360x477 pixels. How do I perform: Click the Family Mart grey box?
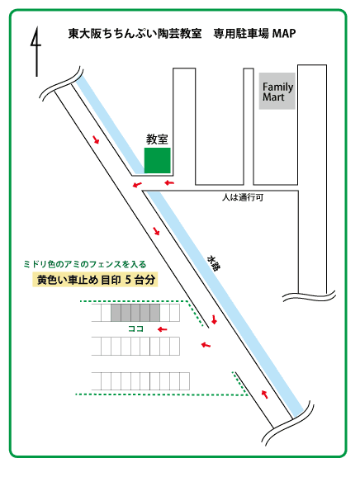277,91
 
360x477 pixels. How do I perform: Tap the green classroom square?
158,160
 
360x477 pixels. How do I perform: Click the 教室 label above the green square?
157,139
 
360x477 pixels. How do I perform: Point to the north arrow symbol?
36,51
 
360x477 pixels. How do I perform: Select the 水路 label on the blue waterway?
214,263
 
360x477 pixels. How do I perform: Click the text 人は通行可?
243,197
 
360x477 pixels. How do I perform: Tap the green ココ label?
135,328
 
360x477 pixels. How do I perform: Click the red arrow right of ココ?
163,329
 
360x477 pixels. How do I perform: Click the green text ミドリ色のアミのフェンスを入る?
85,264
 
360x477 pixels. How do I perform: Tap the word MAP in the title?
283,33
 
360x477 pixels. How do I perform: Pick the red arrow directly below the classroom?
169,182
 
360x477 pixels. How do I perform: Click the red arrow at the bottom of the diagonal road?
265,394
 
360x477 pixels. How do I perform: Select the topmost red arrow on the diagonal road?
96,139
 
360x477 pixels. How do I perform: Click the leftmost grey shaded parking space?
116,313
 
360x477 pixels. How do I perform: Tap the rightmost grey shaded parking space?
155,313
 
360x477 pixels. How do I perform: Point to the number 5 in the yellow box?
128,280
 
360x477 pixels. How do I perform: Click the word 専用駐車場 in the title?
241,34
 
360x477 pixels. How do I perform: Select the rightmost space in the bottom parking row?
185,381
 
